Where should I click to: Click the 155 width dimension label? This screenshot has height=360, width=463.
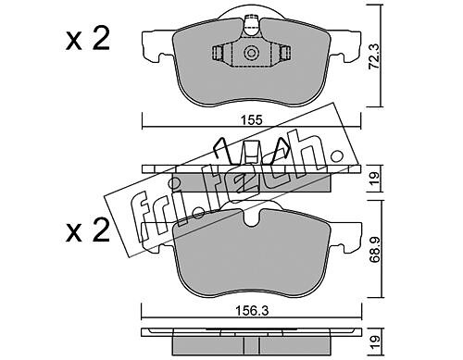[251, 119]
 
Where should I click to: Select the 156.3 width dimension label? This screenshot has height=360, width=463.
[252, 311]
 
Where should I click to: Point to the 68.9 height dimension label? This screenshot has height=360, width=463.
[375, 250]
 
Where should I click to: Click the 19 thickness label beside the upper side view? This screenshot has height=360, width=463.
[374, 179]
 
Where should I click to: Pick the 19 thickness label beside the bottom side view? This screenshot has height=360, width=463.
[374, 341]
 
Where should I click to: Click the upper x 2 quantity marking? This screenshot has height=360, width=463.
[88, 40]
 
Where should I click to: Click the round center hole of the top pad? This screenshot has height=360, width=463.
[251, 53]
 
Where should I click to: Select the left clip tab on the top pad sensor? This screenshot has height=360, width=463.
[218, 53]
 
